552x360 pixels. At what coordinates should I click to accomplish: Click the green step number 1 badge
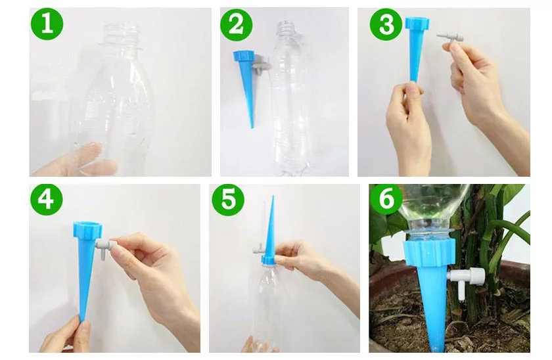(x=47, y=24)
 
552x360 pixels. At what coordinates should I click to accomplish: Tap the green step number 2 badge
(x=236, y=25)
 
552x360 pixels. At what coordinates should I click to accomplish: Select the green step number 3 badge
(x=386, y=24)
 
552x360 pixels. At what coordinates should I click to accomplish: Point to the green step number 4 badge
(x=47, y=199)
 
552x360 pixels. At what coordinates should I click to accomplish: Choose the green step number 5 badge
(x=228, y=199)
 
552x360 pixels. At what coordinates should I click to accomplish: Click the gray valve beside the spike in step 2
(x=261, y=65)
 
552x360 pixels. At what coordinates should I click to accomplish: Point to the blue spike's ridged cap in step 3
(x=417, y=24)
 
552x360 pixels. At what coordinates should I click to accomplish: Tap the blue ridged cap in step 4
(x=87, y=229)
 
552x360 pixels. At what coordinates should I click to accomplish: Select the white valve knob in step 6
(x=476, y=276)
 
